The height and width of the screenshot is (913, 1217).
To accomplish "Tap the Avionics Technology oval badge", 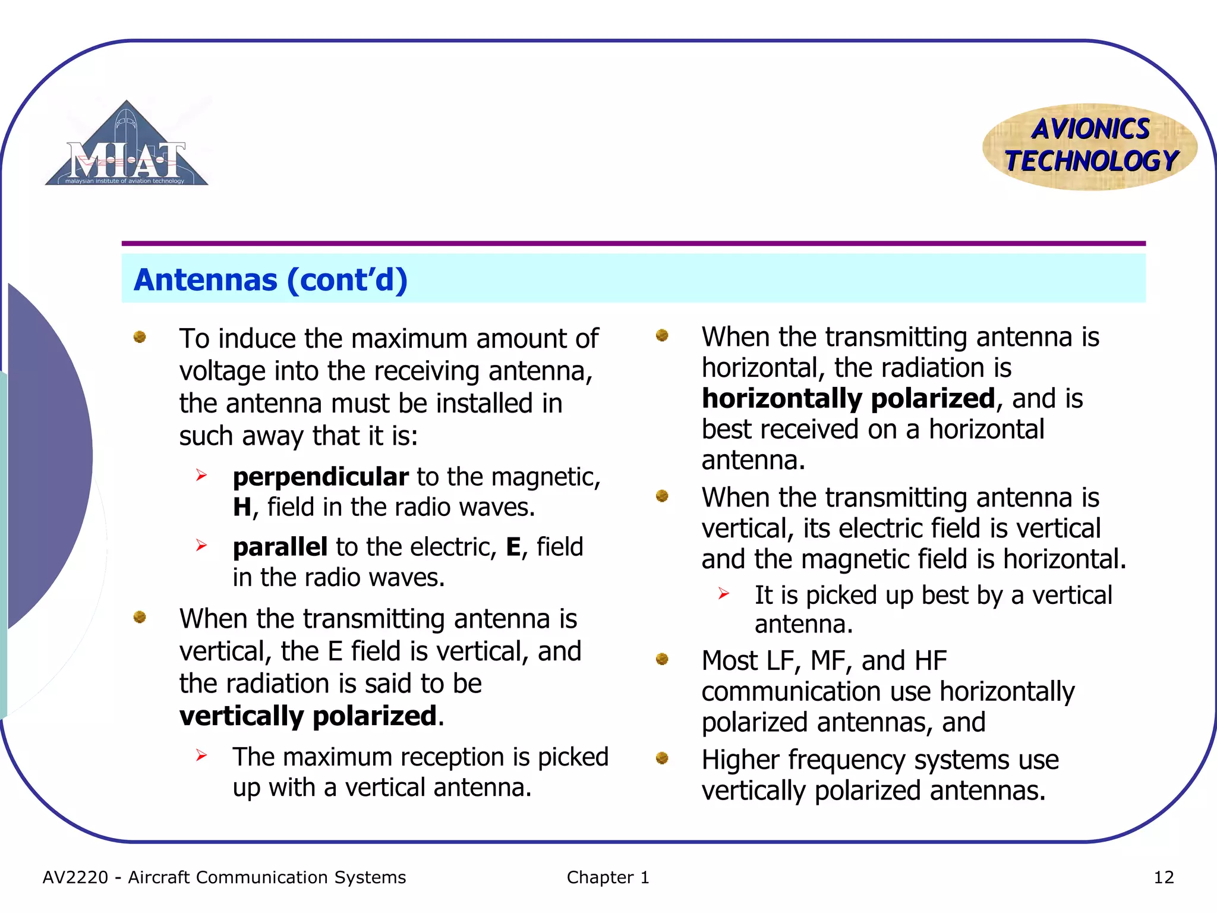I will click(1090, 146).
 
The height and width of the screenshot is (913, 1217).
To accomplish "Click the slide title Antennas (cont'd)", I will click(270, 279).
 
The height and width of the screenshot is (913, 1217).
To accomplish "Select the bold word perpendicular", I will click(320, 477).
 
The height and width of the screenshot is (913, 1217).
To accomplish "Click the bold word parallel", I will click(280, 547).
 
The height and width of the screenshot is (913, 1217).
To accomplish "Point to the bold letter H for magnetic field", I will click(242, 507).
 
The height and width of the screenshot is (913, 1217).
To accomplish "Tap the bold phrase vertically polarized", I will click(308, 716).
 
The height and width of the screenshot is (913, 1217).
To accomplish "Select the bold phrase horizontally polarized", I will click(848, 398).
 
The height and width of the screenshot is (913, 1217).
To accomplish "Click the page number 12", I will click(1164, 877).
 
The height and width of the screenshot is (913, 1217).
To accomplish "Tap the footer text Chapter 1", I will click(608, 877).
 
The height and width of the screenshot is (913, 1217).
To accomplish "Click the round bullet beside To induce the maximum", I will click(140, 337).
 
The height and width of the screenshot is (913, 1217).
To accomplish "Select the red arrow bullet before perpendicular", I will click(201, 475).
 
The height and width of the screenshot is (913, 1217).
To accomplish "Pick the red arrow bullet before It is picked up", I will click(723, 593).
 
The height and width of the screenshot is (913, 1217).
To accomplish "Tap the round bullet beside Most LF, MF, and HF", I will click(662, 659).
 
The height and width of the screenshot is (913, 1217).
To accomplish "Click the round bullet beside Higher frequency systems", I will click(662, 758).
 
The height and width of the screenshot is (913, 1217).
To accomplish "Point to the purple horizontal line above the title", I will click(633, 243).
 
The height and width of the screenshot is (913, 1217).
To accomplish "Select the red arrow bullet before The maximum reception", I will click(201, 755).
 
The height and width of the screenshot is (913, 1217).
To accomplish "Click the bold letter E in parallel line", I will click(513, 547).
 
